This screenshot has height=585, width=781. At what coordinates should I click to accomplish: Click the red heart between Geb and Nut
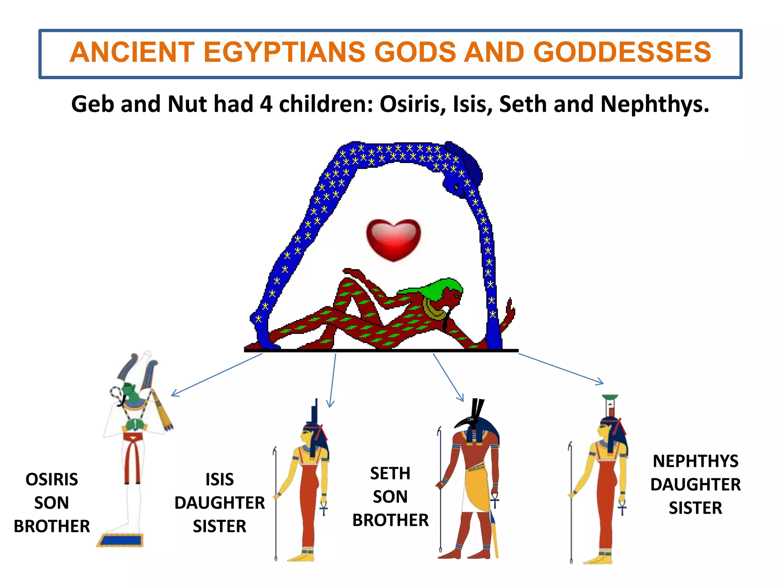[394, 239]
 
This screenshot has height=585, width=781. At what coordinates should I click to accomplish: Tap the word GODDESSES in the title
[622, 52]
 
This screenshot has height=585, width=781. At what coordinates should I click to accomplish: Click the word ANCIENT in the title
[132, 52]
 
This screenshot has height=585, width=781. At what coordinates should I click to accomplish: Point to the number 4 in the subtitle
[266, 104]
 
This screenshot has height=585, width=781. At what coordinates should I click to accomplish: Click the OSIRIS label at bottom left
[52, 479]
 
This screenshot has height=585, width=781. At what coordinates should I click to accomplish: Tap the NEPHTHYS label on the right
[696, 461]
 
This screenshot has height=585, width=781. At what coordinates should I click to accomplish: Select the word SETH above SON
[390, 473]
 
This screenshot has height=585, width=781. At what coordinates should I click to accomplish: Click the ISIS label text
[220, 479]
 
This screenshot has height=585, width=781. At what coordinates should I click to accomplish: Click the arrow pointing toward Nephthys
[561, 369]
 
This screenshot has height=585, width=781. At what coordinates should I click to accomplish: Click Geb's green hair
[439, 286]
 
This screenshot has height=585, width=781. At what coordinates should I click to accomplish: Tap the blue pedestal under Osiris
[120, 540]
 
